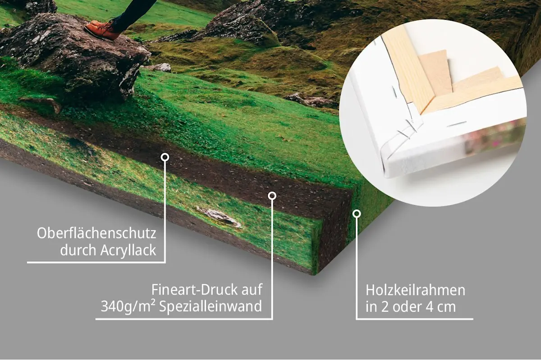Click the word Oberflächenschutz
pos(96,233)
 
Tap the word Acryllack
pos(128,251)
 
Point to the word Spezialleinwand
pos(211,306)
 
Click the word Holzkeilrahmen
pos(415,290)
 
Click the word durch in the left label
pos(78,250)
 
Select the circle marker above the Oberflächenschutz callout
pos(165,157)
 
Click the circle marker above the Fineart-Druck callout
pos(272,196)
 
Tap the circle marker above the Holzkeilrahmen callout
pos(357,214)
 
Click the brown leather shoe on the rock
pos(102,30)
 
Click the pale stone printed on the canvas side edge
pos(219,216)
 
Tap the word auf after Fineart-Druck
pos(252,290)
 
